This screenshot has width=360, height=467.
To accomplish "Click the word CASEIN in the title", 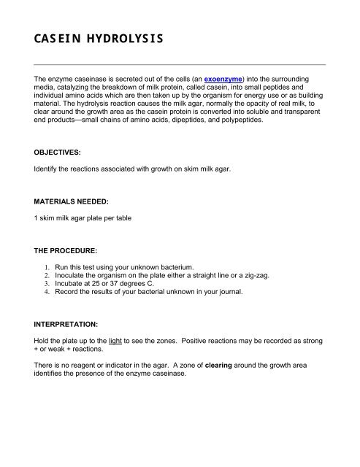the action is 47,37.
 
